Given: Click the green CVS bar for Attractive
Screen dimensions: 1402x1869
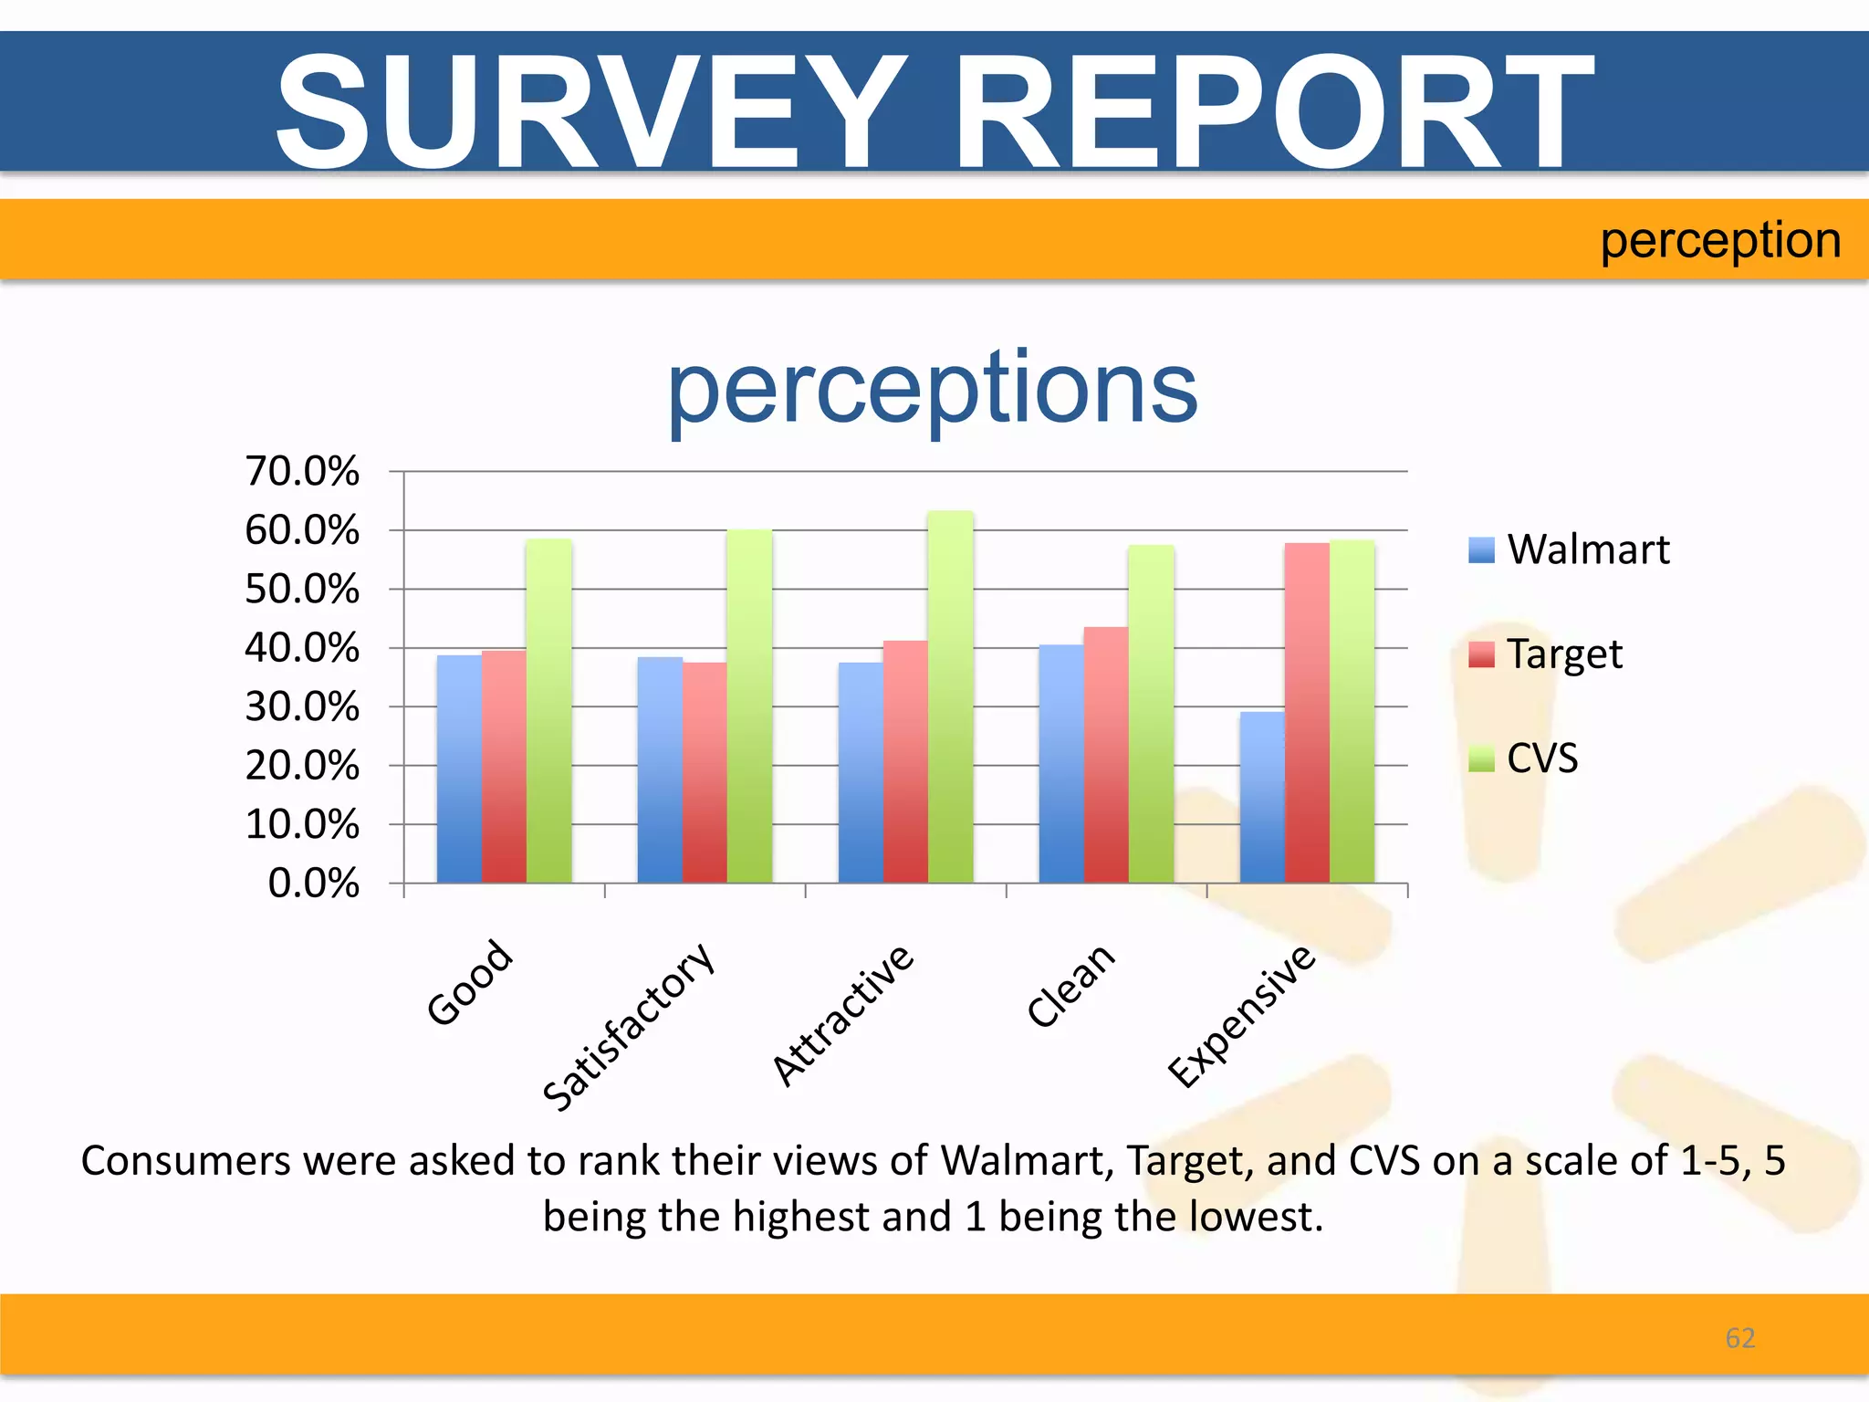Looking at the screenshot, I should pos(950,698).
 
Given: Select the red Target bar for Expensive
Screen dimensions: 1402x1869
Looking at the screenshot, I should pos(1307,713).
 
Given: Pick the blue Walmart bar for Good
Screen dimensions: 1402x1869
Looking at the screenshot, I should pos(459,769).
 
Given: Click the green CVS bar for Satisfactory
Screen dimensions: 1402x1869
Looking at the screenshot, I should pos(749,706).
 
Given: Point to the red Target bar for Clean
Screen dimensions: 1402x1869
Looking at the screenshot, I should pos(1106,755).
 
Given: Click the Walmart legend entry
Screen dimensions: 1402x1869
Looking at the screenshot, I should pos(1571,549).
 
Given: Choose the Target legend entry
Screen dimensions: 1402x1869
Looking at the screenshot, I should pos(1547,654).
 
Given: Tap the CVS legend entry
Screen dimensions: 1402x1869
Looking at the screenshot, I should pos(1525,758).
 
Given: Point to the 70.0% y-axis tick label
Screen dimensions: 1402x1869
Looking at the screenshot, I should pos(302,472).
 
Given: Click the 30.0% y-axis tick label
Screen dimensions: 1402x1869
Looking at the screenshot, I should pos(302,707).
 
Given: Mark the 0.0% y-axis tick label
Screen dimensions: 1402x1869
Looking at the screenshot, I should pos(313,884).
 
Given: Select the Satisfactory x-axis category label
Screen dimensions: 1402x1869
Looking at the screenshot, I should pos(628,1027).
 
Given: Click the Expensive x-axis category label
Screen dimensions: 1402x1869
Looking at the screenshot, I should pos(1242,1016).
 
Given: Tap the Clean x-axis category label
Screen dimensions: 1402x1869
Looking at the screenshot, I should pos(1070,986).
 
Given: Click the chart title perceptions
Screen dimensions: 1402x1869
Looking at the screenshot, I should pos(932,390).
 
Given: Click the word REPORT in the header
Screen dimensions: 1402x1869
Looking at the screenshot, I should pos(1274,111).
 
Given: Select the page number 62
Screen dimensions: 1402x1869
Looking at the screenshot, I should pos(1739,1338).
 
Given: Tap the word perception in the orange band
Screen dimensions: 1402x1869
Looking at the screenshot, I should pos(1719,241).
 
